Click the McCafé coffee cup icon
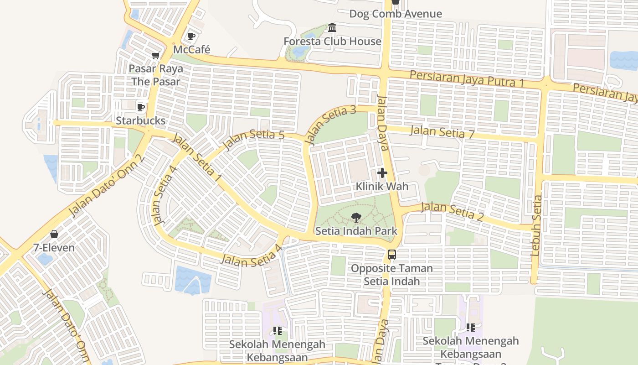click(x=191, y=36)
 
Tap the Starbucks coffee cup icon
click(x=141, y=107)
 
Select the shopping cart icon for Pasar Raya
click(x=155, y=55)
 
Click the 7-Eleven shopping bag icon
click(x=54, y=235)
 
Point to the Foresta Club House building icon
click(x=332, y=28)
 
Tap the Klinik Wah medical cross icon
click(x=382, y=173)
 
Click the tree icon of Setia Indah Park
click(x=356, y=218)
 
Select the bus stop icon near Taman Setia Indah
click(x=392, y=255)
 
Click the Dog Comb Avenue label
click(x=396, y=14)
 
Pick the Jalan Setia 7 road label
click(x=442, y=132)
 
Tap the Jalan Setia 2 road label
click(x=452, y=212)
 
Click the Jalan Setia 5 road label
click(x=254, y=140)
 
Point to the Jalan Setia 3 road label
click(x=331, y=125)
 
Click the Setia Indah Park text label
click(x=356, y=231)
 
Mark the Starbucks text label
click(x=140, y=121)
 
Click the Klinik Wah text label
click(x=382, y=187)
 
